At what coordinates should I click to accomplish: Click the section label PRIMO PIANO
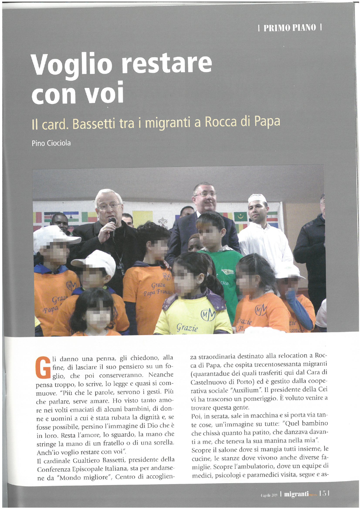[289, 28]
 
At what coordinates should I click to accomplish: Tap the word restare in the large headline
[166, 63]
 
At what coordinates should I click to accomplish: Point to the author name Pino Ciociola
[51, 143]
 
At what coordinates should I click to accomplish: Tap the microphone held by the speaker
[112, 223]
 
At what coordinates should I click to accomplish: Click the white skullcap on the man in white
[257, 198]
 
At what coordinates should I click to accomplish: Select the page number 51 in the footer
[325, 493]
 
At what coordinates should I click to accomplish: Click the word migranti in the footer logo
[296, 494]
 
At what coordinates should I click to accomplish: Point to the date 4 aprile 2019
[269, 494]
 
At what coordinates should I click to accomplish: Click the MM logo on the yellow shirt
[208, 314]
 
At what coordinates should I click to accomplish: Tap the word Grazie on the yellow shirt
[187, 328]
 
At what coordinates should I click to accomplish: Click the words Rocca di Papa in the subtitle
[242, 122]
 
